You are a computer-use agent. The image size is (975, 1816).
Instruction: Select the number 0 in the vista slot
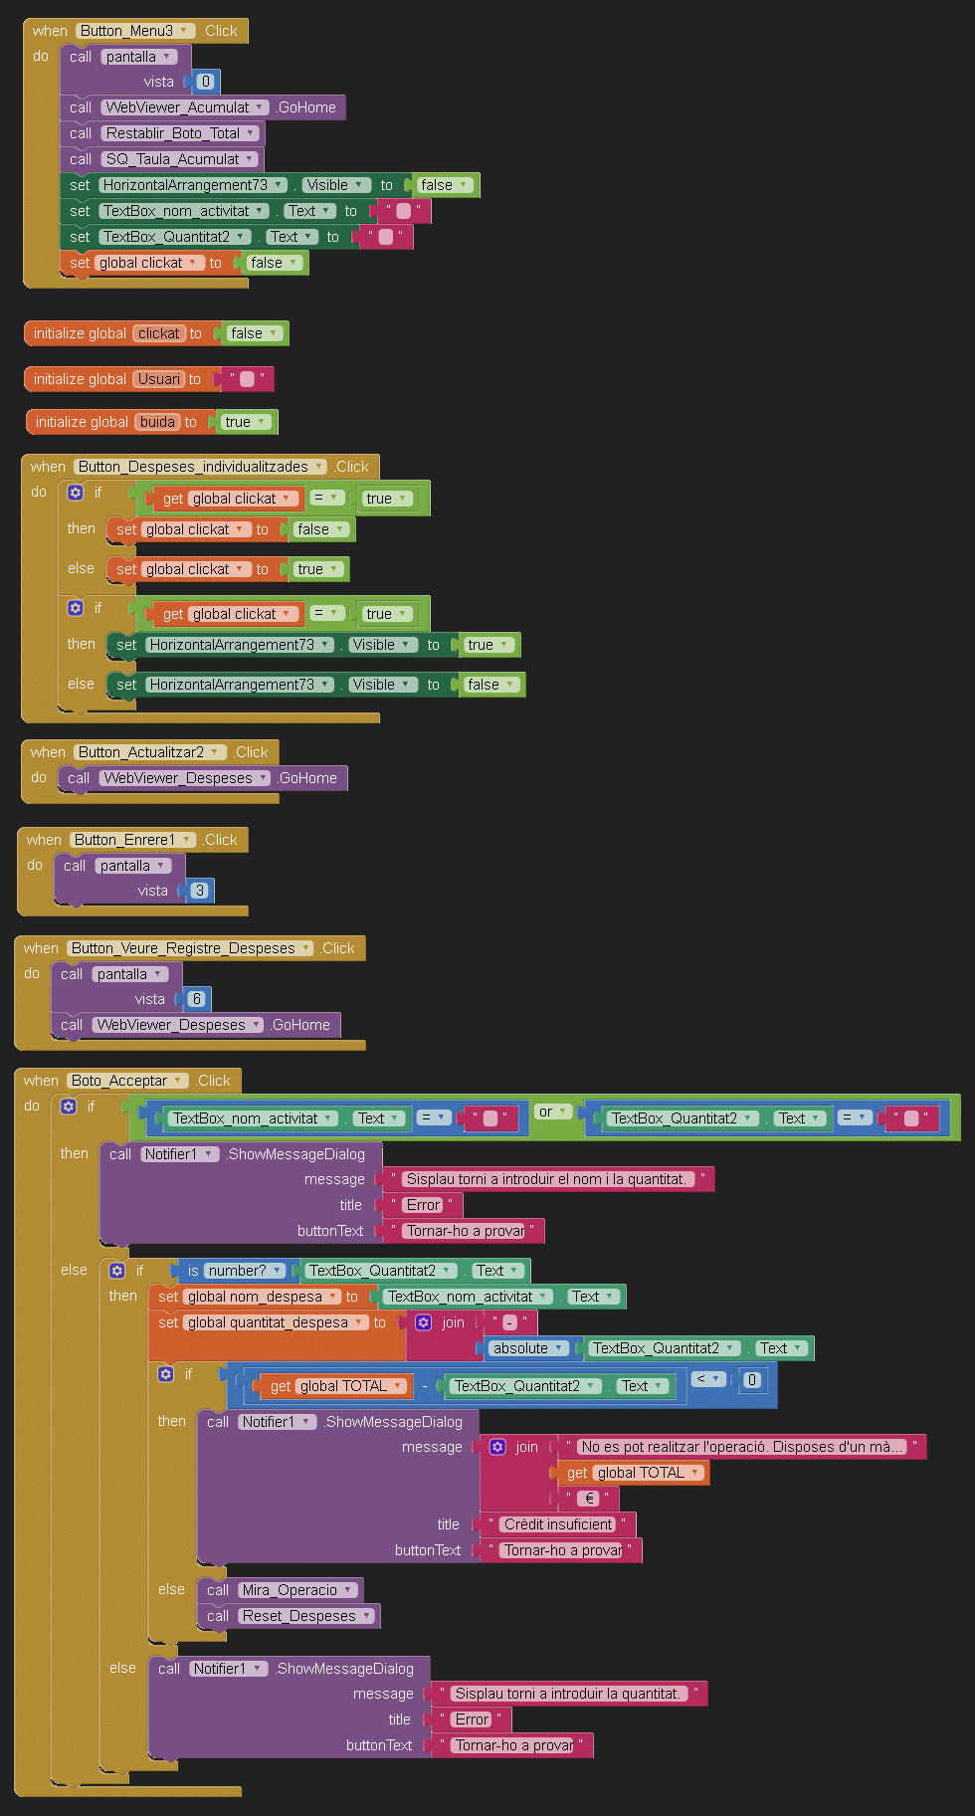point(205,82)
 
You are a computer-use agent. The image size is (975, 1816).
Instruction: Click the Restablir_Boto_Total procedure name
point(174,133)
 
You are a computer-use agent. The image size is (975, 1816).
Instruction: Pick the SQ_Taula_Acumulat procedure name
point(173,159)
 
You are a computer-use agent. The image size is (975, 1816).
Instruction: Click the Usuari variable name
point(158,379)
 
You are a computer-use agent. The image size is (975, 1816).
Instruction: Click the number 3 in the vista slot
point(199,891)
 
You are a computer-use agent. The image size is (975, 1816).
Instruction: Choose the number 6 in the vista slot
point(196,999)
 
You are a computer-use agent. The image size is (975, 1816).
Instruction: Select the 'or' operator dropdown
point(552,1111)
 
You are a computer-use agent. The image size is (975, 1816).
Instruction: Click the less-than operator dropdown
point(708,1379)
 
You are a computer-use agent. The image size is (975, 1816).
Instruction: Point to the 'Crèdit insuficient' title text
point(558,1524)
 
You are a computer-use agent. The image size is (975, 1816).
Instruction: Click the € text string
point(589,1499)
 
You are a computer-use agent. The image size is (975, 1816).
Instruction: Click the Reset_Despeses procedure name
point(298,1616)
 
